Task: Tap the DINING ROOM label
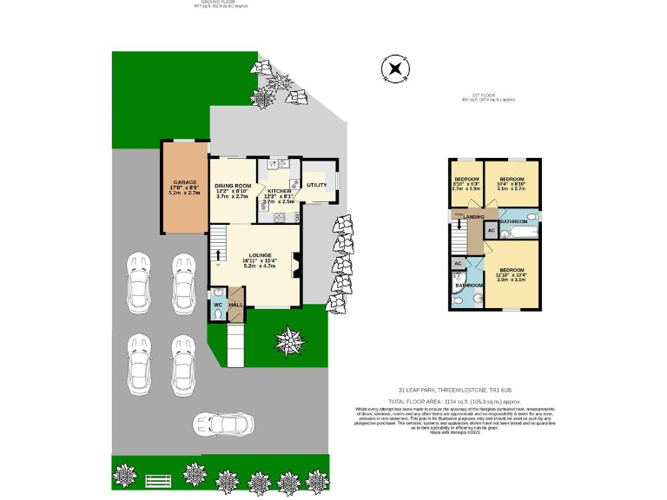coord(233,186)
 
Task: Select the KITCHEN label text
coord(279,190)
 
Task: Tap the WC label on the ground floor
coord(217,306)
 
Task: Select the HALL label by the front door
coord(234,306)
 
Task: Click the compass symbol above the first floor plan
coord(395,68)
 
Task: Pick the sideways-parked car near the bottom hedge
coord(223,424)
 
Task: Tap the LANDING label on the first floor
coord(473,217)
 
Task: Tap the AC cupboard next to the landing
coord(491,231)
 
